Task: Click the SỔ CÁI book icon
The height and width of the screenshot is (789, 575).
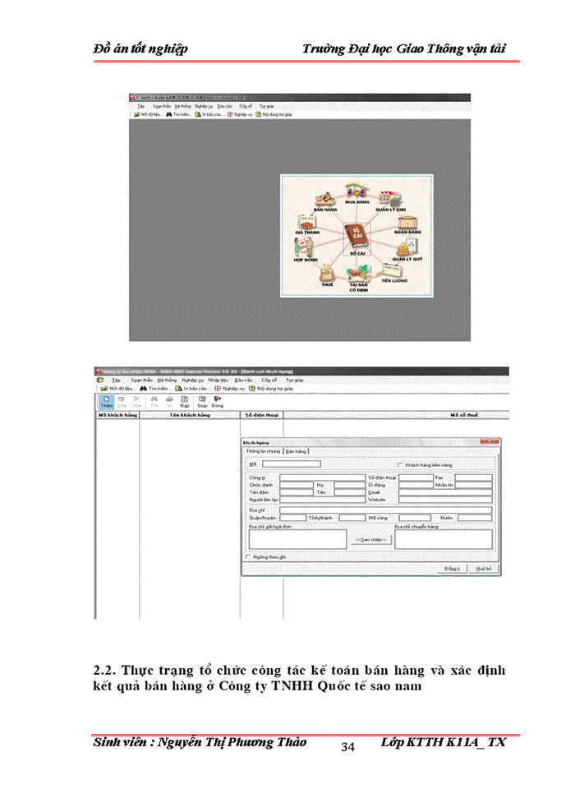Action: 356,236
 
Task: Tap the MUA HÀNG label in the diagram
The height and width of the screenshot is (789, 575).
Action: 356,201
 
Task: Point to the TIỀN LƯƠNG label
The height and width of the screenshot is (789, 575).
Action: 393,281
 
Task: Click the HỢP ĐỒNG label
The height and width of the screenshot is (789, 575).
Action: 305,259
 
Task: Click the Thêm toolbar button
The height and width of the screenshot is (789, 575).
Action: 106,401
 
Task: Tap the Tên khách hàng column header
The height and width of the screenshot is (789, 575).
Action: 190,416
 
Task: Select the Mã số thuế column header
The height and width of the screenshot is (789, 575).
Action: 463,416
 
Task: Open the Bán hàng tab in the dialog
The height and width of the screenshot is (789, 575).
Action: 297,451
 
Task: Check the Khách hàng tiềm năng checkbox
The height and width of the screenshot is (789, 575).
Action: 400,465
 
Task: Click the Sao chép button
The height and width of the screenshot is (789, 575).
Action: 370,539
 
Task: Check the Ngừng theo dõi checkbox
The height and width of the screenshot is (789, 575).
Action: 249,556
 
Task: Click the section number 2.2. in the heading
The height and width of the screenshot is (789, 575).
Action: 108,670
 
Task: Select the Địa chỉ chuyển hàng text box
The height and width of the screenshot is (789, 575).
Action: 444,539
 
